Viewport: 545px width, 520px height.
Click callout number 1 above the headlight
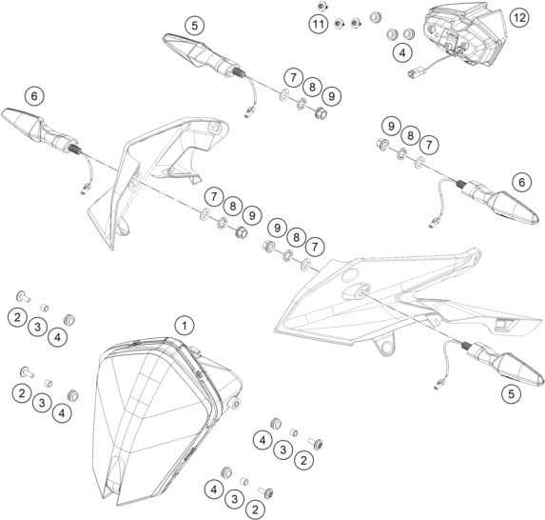185,326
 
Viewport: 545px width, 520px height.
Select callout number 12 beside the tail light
519,17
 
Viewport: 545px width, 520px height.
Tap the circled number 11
319,24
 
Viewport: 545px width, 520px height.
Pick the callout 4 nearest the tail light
402,53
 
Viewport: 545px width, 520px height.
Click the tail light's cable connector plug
416,73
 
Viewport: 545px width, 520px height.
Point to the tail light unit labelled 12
464,34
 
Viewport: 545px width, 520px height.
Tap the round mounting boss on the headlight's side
236,404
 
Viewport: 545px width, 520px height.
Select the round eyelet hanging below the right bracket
386,347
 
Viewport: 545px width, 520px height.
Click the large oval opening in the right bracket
350,275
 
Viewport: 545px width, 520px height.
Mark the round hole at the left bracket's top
216,129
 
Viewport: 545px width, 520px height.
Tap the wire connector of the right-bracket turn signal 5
438,384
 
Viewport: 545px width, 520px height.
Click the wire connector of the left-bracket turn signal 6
85,189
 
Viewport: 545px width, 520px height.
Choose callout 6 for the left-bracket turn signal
35,96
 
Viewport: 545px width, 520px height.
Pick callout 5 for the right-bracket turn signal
511,394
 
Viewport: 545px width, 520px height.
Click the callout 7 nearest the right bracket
315,247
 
